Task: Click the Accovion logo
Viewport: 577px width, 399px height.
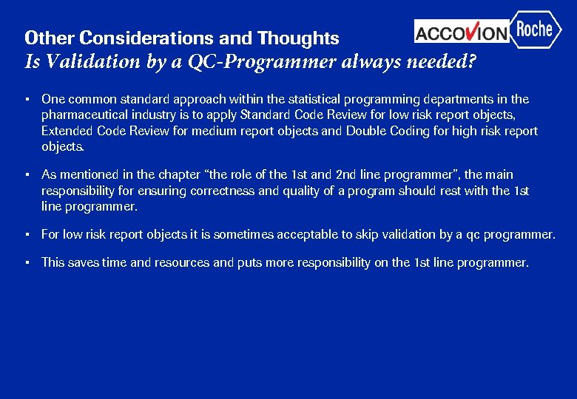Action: pyautogui.click(x=462, y=32)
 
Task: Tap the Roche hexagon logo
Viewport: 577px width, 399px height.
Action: pyautogui.click(x=535, y=30)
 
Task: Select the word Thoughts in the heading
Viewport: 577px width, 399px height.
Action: pyautogui.click(x=298, y=38)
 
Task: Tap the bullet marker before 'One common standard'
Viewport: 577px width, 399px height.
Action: pyautogui.click(x=27, y=99)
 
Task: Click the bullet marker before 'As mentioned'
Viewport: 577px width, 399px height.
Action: pyautogui.click(x=27, y=175)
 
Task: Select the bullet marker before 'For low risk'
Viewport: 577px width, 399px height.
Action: pyautogui.click(x=27, y=235)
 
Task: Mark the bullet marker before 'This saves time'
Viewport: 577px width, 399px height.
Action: pyautogui.click(x=27, y=262)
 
